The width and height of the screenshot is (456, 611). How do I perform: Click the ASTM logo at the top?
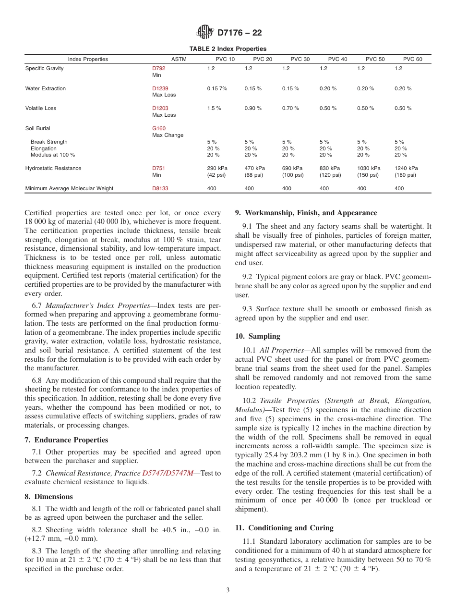pyautogui.click(x=205, y=33)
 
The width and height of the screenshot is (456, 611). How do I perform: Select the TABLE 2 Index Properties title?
pyautogui.click(x=228, y=49)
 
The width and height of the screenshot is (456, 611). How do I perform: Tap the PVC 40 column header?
pyautogui.click(x=337, y=59)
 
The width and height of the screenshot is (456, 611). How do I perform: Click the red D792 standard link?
pyautogui.click(x=158, y=68)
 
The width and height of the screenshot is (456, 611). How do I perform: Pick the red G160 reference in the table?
pyautogui.click(x=158, y=128)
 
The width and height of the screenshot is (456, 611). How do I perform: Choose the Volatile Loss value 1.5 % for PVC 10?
pyautogui.click(x=214, y=108)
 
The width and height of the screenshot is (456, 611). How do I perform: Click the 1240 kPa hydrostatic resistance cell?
pyautogui.click(x=406, y=168)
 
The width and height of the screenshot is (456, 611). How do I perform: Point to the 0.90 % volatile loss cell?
pyautogui.click(x=253, y=108)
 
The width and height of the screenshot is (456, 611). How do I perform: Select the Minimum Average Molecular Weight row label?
pyautogui.click(x=69, y=188)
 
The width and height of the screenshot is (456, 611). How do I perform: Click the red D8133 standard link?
pyautogui.click(x=160, y=188)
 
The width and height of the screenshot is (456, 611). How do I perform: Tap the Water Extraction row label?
pyautogui.click(x=46, y=88)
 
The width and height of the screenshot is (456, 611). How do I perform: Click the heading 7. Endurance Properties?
pyautogui.click(x=66, y=440)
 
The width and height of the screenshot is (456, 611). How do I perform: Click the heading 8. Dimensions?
pyautogui.click(x=48, y=497)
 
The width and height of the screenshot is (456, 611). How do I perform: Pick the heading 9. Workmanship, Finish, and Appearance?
pyautogui.click(x=306, y=213)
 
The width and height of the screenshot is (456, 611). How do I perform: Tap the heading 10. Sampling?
pyautogui.click(x=257, y=336)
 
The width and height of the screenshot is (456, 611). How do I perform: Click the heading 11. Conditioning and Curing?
pyautogui.click(x=284, y=528)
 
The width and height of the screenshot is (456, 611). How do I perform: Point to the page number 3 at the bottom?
pyautogui.click(x=228, y=590)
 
